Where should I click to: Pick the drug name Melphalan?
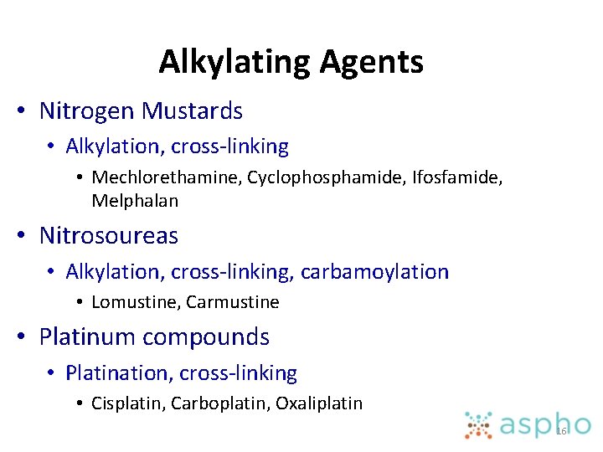tap(135, 201)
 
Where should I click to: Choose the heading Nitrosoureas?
tap(109, 236)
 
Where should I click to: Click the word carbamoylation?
tap(375, 272)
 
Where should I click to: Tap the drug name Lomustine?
tap(136, 302)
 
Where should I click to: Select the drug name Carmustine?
tap(233, 302)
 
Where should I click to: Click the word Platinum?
tap(87, 336)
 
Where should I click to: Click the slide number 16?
tap(561, 431)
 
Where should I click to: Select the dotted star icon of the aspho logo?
tap(480, 425)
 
